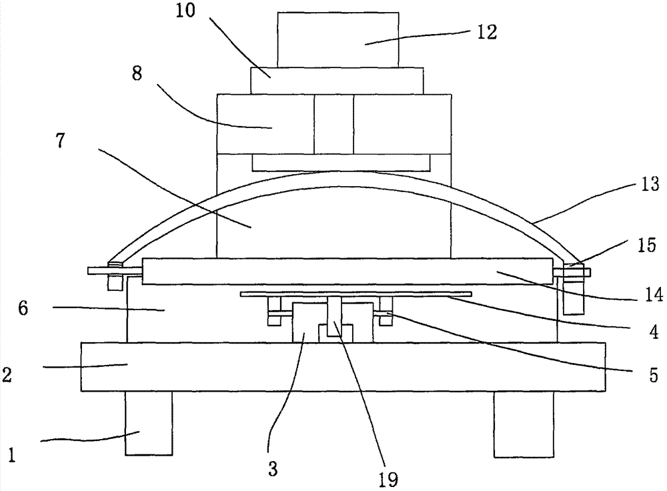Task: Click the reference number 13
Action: pos(650,183)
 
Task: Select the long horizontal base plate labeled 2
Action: pos(343,366)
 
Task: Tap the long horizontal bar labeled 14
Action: pos(347,272)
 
